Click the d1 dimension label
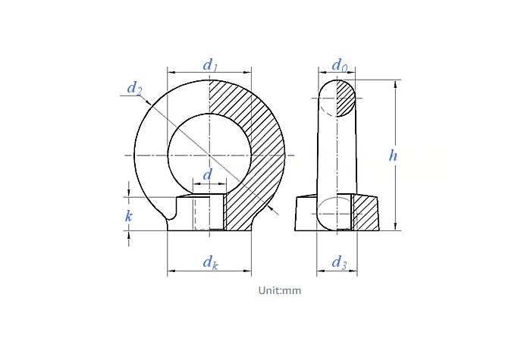pos(210,65)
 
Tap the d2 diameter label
pos(134,89)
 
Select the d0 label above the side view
pos(340,65)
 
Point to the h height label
pos(393,155)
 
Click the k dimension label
pos(129,216)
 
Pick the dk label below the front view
pos(211,262)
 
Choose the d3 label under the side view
pos(339,262)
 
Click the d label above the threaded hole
pos(207,174)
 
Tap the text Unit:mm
pos(280,290)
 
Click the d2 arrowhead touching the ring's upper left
pos(148,101)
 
